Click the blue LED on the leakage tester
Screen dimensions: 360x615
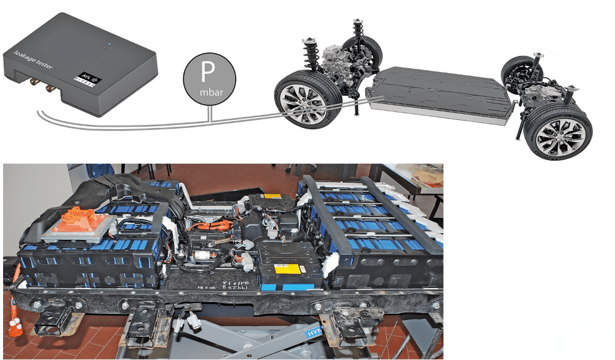109,44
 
